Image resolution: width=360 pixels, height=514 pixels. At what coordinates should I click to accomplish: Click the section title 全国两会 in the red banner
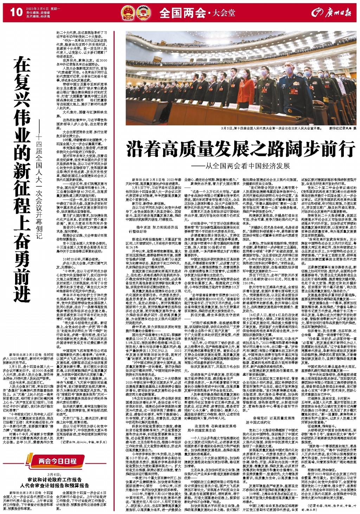(183, 13)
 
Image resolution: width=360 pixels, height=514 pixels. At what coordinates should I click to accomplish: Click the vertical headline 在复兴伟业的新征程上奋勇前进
(22, 179)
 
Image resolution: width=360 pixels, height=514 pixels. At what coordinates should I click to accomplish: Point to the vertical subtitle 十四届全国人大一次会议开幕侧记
(39, 183)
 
